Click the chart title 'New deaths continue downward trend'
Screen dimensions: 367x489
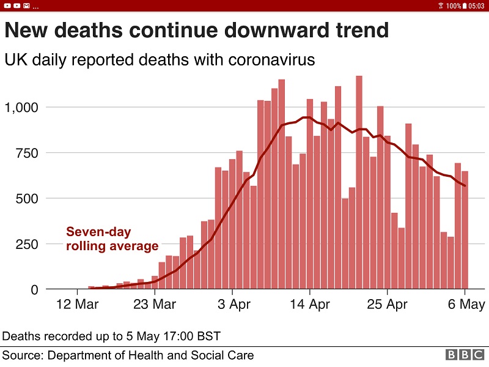tap(196, 31)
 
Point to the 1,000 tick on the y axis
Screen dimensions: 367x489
tap(21, 108)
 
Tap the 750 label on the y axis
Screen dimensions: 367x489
tap(26, 153)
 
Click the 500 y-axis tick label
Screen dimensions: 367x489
tap(26, 199)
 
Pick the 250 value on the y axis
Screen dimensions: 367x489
tap(26, 244)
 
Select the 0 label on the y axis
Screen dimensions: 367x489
tap(34, 290)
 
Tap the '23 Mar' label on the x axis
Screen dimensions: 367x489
tap(155, 305)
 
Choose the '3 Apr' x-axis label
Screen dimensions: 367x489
tap(233, 305)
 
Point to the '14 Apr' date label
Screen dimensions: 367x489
tap(310, 305)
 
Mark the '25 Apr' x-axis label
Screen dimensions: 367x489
tap(388, 305)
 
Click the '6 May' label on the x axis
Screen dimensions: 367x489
tap(466, 305)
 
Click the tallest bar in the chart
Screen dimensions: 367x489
tap(359, 183)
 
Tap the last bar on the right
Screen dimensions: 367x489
tap(465, 230)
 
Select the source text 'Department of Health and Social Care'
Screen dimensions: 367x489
tap(150, 355)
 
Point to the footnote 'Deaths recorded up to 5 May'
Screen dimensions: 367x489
tap(111, 336)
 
